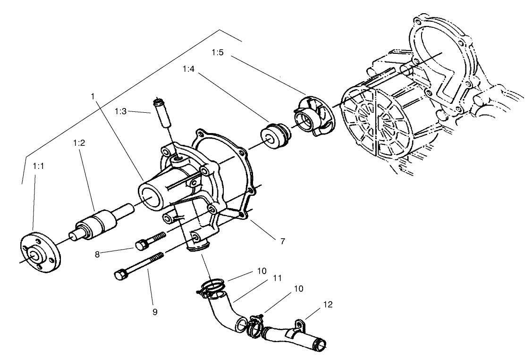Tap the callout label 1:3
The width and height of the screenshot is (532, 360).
(121, 111)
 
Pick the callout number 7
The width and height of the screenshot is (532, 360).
(282, 241)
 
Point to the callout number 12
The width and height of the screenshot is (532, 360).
(328, 305)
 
